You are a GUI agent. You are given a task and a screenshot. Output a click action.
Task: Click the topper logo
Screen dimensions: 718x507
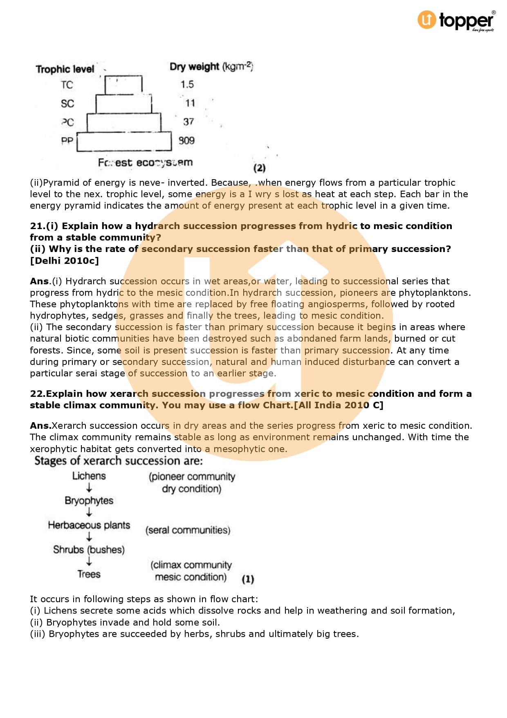point(456,20)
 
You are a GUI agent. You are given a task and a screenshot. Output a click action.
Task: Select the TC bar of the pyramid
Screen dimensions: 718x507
point(123,85)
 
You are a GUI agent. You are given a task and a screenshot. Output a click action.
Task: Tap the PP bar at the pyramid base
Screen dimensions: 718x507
point(124,142)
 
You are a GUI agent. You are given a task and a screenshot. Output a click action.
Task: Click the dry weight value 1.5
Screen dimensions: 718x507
point(187,84)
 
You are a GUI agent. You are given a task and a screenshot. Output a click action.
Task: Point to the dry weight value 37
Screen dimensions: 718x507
point(188,122)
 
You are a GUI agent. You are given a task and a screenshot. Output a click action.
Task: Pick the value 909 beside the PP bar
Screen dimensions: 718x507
point(186,140)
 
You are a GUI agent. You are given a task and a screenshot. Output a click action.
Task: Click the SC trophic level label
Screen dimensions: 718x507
point(67,104)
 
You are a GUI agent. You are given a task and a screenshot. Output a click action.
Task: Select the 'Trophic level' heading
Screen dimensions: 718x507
point(65,69)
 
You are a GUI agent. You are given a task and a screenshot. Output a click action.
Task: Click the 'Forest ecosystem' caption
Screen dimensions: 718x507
point(145,162)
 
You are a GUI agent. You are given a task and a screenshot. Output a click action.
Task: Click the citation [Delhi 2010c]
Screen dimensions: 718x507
point(64,261)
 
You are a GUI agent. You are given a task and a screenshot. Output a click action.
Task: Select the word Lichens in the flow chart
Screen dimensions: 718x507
point(89,476)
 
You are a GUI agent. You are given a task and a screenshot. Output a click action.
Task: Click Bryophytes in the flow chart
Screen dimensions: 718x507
point(89,500)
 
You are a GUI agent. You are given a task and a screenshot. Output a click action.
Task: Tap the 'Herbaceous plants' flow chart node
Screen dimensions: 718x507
point(89,525)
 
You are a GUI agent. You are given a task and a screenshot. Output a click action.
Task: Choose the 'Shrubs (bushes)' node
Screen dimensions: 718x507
point(89,549)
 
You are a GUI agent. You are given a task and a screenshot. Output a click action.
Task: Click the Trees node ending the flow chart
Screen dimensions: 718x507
point(89,574)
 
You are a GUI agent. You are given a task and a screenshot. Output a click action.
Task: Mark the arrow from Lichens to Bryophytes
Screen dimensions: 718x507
point(89,488)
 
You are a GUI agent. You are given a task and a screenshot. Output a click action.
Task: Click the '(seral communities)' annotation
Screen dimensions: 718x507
point(188,530)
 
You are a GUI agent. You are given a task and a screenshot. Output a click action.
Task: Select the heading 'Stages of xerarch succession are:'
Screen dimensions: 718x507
point(119,461)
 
